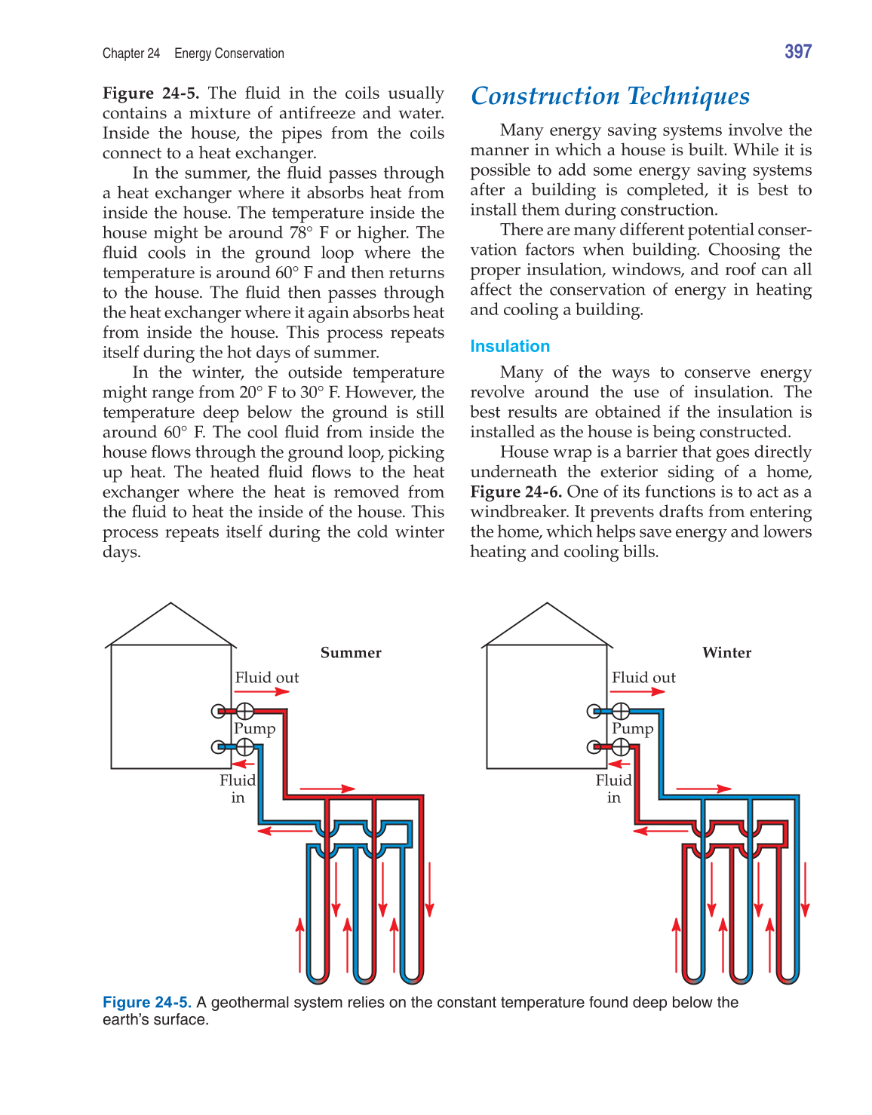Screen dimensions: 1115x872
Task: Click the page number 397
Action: pos(797,51)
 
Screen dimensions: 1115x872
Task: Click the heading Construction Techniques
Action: pos(609,96)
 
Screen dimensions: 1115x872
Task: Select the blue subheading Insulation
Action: pos(509,346)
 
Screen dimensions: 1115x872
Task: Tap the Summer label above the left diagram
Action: pos(351,653)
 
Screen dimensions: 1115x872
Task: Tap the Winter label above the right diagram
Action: pos(726,653)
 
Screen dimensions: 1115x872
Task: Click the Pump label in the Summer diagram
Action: pos(255,729)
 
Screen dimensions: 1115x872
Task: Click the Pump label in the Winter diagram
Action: pos(632,729)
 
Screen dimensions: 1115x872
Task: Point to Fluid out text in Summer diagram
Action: pos(267,678)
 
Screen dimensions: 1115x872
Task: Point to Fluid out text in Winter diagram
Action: pos(643,678)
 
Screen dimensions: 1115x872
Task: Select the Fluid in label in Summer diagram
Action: pos(238,789)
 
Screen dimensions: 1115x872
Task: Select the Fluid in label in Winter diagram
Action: pos(613,789)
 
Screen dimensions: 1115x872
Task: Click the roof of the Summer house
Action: pos(171,626)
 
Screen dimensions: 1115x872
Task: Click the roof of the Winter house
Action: pos(547,626)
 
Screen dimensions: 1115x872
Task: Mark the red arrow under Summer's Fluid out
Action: pos(262,691)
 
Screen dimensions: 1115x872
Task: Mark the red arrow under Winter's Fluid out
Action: pos(637,691)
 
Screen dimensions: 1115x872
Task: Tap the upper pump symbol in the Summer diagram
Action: pos(245,711)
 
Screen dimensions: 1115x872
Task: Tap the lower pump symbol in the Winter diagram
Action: pos(620,747)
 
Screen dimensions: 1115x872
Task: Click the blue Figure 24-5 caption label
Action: pos(146,1002)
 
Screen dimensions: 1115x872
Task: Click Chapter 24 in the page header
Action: pos(131,54)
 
